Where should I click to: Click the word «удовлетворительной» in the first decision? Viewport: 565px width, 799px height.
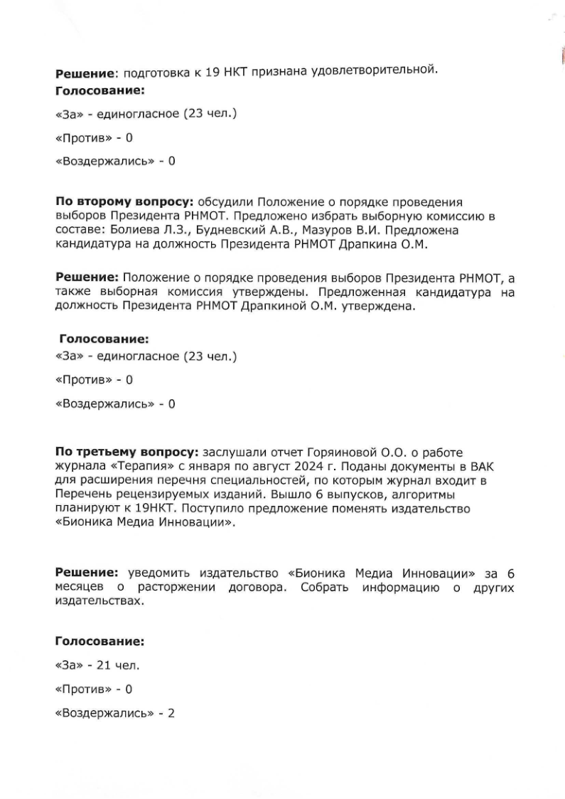[376, 70]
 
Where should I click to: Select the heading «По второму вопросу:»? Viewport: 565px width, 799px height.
[127, 201]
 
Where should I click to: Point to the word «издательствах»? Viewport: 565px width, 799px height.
[99, 600]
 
